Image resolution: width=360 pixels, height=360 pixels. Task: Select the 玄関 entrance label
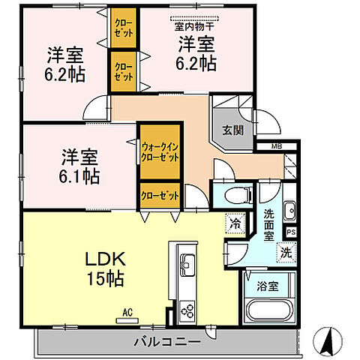tap(232, 129)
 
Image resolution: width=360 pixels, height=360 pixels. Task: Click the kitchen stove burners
tap(186, 309)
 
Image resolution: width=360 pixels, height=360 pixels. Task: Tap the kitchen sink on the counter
tap(186, 265)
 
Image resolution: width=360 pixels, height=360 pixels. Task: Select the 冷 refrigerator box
tap(234, 223)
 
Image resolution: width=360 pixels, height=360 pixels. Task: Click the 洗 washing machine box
tap(286, 253)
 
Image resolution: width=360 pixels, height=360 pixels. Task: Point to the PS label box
tap(291, 232)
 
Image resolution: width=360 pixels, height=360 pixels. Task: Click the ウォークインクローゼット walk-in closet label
tap(160, 153)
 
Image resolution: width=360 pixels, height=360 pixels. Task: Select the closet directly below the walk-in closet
tap(160, 195)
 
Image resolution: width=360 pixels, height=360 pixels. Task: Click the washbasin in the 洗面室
tap(289, 209)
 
